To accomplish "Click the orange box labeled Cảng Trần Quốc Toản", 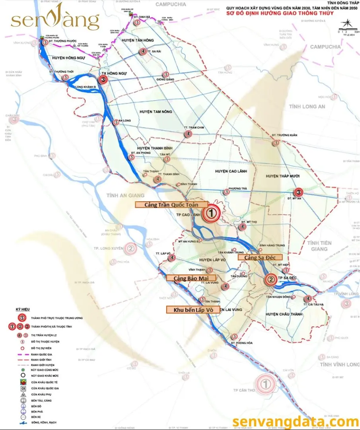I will [x=171, y=204].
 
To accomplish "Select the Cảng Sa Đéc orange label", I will [x=260, y=257].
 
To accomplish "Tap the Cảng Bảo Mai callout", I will [x=191, y=278].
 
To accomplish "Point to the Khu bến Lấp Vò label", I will [x=193, y=309].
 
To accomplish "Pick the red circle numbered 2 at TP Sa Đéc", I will [x=271, y=280].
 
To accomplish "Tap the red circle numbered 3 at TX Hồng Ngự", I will [x=104, y=80].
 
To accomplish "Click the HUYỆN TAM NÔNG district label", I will [x=156, y=112].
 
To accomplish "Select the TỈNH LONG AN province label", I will [x=307, y=107].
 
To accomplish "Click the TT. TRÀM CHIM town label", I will [x=194, y=127].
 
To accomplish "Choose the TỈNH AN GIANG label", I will [x=125, y=195].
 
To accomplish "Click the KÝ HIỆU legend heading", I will [x=23, y=309].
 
